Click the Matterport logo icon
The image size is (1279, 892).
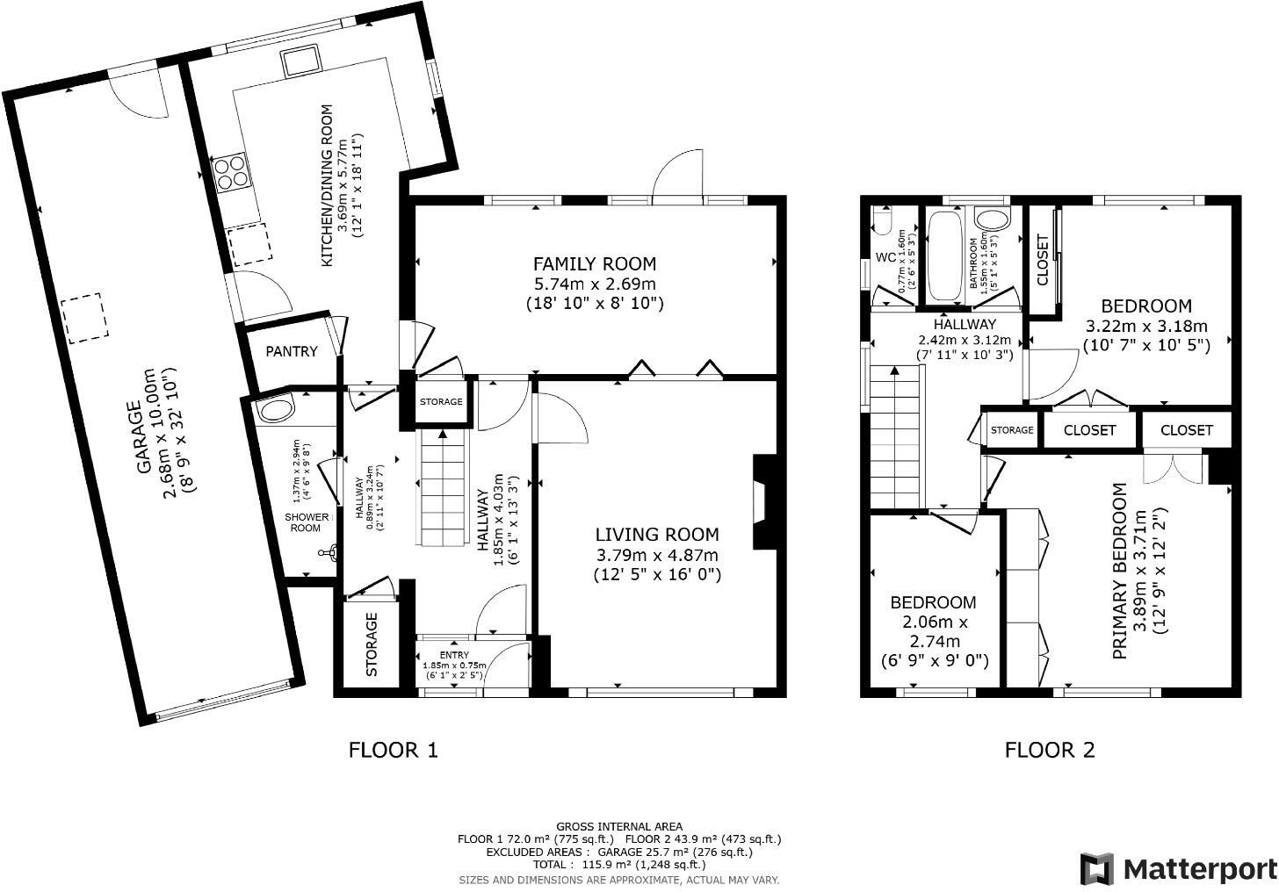coord(1097,869)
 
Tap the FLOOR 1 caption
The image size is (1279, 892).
coord(393,750)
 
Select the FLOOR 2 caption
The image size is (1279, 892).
coord(1050,750)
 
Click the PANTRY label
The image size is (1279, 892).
coord(291,351)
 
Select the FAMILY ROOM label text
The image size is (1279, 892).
coord(595,263)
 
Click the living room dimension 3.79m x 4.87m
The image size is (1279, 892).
coord(656,555)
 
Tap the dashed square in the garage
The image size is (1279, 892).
coord(83,316)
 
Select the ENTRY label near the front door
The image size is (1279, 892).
coord(454,655)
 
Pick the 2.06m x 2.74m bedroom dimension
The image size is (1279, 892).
coord(932,632)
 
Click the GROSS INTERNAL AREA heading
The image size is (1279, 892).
coord(618,826)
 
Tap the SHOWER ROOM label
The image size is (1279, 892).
coord(307,522)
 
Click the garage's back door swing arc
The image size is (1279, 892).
coord(141,95)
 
